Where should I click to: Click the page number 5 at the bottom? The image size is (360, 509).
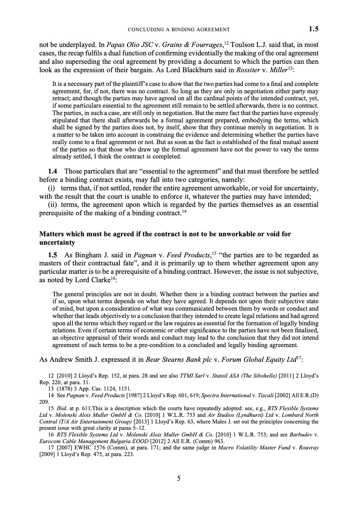coord(179,478)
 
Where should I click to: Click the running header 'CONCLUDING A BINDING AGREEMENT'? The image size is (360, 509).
coord(179,29)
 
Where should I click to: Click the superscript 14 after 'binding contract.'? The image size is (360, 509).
coord(184,211)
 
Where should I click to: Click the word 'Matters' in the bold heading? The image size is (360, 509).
coord(52,234)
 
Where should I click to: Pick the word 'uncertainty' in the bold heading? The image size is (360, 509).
coord(57,243)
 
